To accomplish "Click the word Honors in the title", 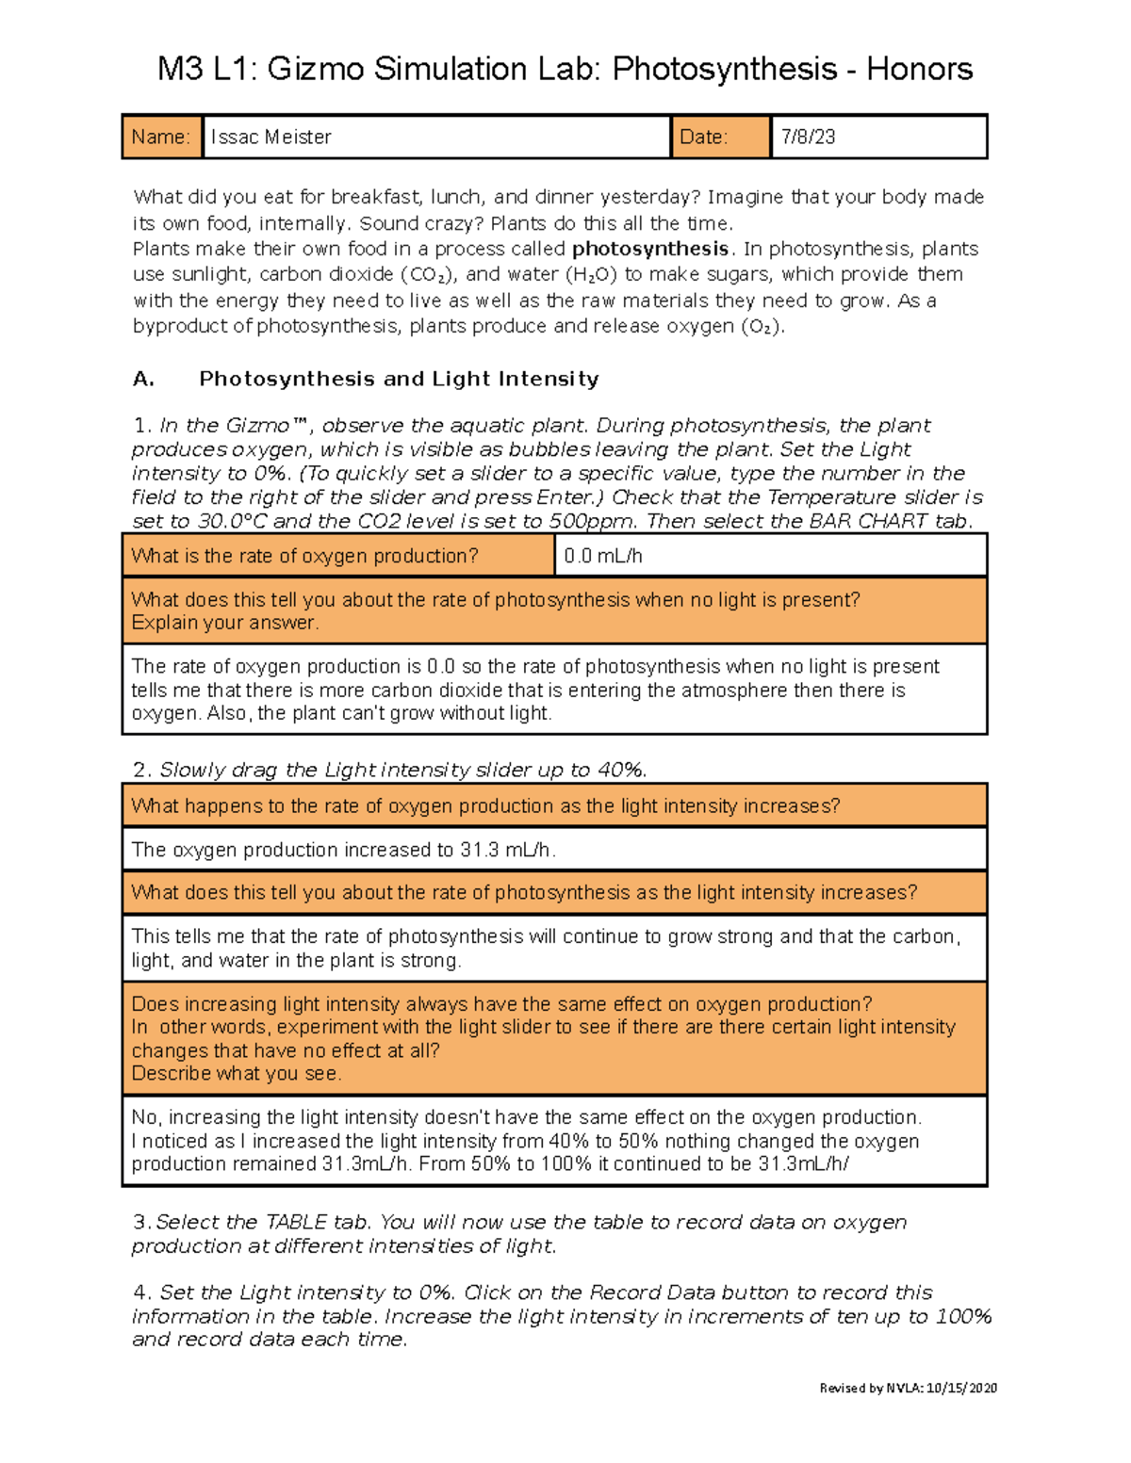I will [x=919, y=69].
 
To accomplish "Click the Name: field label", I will [x=160, y=138].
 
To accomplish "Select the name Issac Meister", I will [x=270, y=138].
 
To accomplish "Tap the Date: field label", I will [x=703, y=138].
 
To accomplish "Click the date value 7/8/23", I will [x=808, y=138].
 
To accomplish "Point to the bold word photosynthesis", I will [x=650, y=249].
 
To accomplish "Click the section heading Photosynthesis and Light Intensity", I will [x=399, y=379].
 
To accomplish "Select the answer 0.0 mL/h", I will [x=602, y=557].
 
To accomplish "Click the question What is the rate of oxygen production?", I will [x=304, y=557].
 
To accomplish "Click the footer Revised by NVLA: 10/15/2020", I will [x=908, y=1388].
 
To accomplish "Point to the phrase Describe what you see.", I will [x=237, y=1074].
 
